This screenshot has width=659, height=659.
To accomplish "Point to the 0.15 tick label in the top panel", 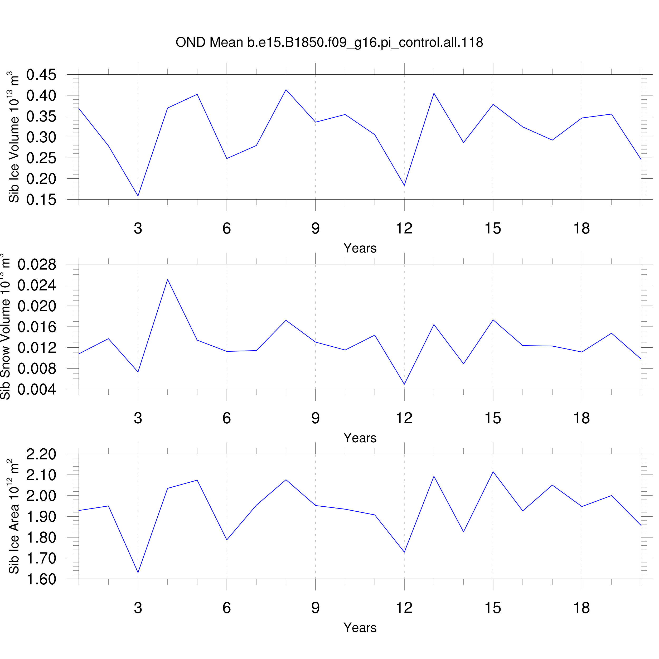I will [x=41, y=200].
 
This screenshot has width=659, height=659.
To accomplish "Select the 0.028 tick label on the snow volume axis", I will [x=37, y=265].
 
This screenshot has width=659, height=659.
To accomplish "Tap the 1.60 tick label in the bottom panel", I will [x=41, y=579].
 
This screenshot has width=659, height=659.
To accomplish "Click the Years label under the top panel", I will [x=360, y=248].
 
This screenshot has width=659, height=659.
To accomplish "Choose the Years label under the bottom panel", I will [x=360, y=628].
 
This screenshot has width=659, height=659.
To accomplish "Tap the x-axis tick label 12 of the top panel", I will [x=404, y=229].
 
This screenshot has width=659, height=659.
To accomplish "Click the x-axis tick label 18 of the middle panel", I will [x=582, y=418].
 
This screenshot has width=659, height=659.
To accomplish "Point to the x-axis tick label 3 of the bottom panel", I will [x=138, y=608].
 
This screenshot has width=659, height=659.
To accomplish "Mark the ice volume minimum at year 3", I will [x=138, y=196].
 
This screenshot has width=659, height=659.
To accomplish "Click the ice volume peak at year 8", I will [x=286, y=90].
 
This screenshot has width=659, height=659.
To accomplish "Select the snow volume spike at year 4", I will [x=167, y=279].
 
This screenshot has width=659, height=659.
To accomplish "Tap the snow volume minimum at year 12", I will [x=404, y=384].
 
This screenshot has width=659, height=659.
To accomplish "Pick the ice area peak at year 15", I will [x=493, y=472].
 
